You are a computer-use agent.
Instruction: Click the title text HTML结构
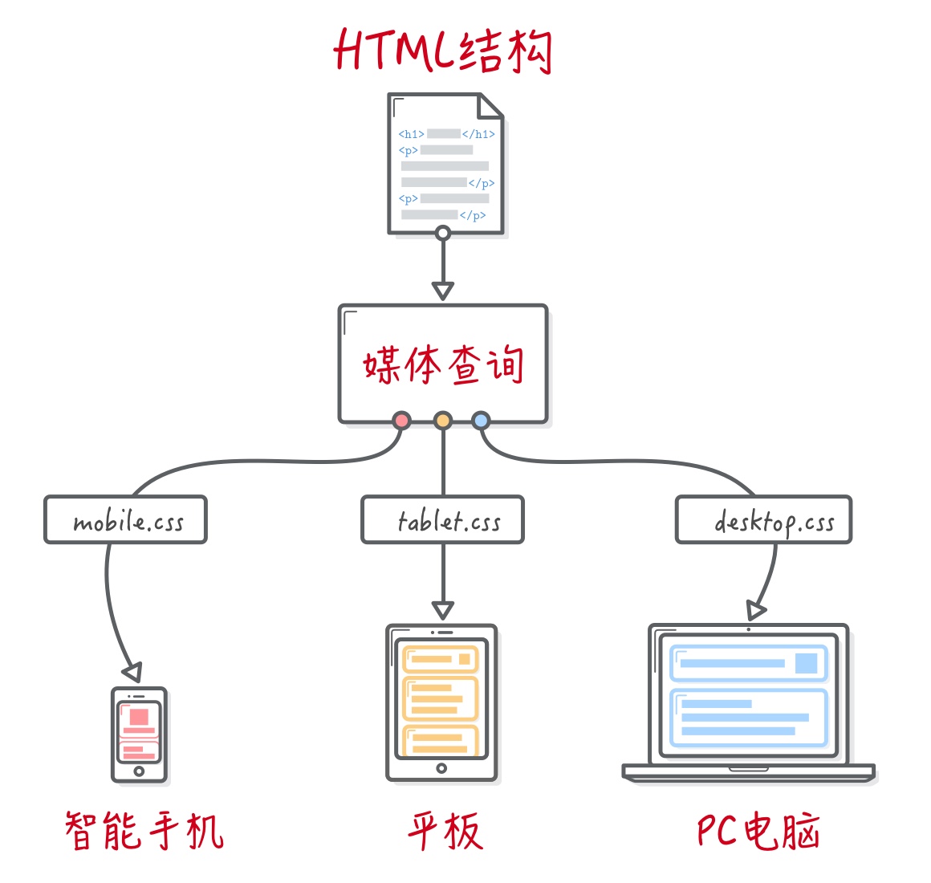[443, 51]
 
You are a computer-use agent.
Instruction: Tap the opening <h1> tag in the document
[411, 134]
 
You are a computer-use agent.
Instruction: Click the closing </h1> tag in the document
[479, 134]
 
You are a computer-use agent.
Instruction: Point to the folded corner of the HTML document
[490, 106]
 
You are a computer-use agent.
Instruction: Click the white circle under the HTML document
[442, 234]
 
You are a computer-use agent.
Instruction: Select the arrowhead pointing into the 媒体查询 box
[442, 291]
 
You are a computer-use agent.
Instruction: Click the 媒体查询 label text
[443, 365]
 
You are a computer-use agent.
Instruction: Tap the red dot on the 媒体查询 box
[401, 420]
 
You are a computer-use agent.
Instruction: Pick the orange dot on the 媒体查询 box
[442, 420]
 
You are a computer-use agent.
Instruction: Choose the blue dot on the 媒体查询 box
[481, 420]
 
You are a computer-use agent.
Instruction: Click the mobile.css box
[126, 520]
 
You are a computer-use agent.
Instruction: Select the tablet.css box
[443, 520]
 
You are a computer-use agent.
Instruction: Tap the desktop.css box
[763, 520]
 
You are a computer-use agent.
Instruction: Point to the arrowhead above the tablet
[442, 610]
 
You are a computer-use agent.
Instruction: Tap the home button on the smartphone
[139, 771]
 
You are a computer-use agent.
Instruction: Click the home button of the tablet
[441, 769]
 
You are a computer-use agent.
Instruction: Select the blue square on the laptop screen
[806, 663]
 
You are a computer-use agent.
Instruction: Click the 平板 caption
[445, 831]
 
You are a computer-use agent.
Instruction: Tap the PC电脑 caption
[758, 831]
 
